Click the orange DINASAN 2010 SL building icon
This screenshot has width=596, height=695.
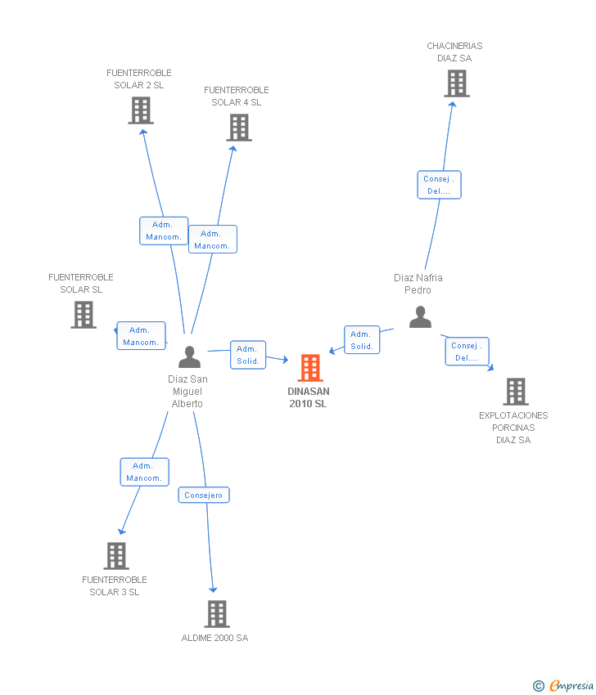coord(309,368)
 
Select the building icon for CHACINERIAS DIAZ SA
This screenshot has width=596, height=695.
coord(456,83)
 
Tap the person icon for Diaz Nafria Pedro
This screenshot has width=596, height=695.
coord(420,316)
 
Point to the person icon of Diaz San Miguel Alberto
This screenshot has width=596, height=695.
coord(189,357)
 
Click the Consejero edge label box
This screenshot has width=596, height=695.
coord(204,495)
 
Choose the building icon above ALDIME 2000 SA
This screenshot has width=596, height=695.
coord(216,613)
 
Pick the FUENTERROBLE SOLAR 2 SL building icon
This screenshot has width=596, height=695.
coord(141,110)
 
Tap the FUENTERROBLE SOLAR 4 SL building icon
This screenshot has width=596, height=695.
coord(238,128)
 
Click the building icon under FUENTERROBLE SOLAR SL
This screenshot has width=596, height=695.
coord(83,315)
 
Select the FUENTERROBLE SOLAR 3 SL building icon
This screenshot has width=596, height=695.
coord(116,556)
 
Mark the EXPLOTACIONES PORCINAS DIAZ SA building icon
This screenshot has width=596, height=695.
coord(515,392)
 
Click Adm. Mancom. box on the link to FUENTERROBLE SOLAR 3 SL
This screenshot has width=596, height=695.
coord(144,472)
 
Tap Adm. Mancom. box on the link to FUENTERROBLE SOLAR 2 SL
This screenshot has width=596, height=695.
coord(164,231)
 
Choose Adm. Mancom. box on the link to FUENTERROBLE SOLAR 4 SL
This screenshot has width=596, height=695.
coord(212,239)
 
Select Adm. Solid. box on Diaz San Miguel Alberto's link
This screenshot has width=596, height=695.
coord(247,355)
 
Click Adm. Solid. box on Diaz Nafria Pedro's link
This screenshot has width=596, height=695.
coord(361,340)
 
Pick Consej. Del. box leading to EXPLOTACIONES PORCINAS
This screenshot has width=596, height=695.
coord(467,352)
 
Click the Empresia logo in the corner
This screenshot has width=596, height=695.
coord(564,685)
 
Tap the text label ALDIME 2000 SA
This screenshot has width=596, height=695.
coord(214,638)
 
